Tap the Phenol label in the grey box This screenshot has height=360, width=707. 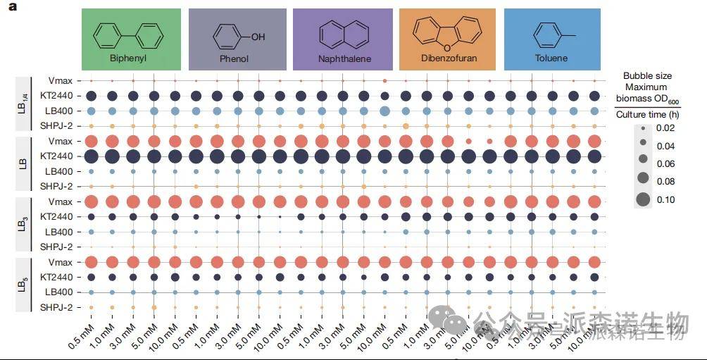pyautogui.click(x=234, y=58)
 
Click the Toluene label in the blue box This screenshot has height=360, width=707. pyautogui.click(x=550, y=58)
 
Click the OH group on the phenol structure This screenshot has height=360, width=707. pyautogui.click(x=258, y=37)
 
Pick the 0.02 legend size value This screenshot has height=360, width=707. pyautogui.click(x=665, y=128)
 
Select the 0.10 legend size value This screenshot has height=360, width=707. pyautogui.click(x=665, y=199)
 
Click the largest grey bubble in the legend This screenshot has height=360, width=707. pyautogui.click(x=644, y=199)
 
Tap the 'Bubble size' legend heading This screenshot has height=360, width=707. pyautogui.click(x=647, y=75)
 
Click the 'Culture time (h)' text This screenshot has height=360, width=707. pyautogui.click(x=647, y=114)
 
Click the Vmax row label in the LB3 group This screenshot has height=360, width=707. pyautogui.click(x=61, y=201)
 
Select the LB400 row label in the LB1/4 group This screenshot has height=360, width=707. pyautogui.click(x=59, y=111)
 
